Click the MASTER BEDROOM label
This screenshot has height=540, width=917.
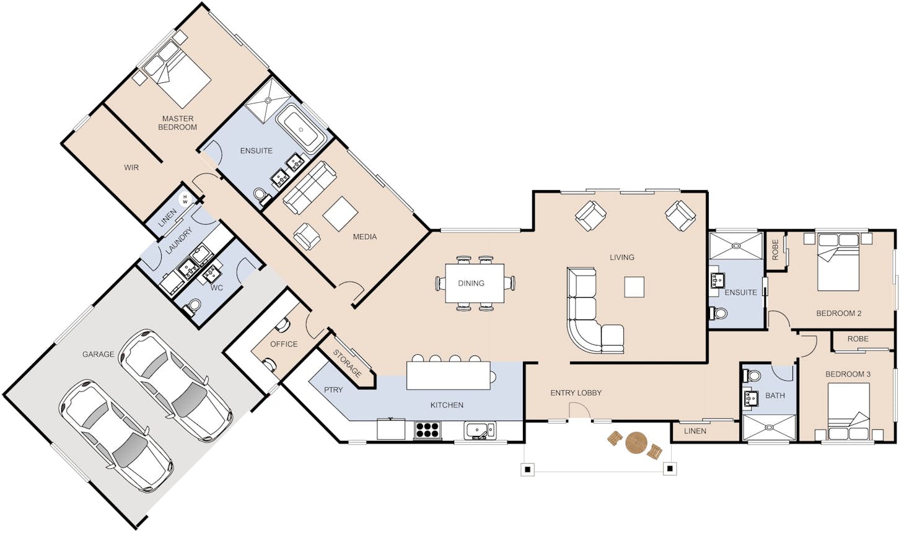click(178, 123)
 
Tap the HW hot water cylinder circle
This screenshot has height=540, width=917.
click(185, 199)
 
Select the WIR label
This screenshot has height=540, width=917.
click(131, 167)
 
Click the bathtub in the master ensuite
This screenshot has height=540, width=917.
click(301, 129)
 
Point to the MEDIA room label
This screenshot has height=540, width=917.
click(365, 237)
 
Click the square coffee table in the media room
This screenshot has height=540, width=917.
click(340, 214)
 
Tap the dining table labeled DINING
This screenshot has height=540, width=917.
click(475, 283)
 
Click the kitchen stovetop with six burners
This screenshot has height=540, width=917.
click(428, 430)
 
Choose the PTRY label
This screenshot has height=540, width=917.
click(333, 390)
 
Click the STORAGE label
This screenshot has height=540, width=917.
click(347, 364)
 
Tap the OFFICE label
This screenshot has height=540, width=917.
click(284, 344)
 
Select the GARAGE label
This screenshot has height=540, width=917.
click(99, 354)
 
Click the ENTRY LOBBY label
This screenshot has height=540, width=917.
click(576, 393)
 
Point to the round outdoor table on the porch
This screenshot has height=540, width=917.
click(636, 443)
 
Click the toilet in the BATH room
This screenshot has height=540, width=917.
click(752, 375)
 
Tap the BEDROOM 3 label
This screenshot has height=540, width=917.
click(848, 374)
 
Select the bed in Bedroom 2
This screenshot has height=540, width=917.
click(838, 262)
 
